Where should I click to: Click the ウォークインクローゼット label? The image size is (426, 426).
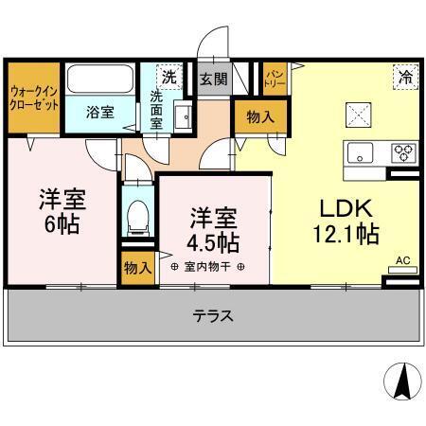pyautogui.click(x=31, y=98)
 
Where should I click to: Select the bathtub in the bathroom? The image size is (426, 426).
pyautogui.click(x=100, y=79)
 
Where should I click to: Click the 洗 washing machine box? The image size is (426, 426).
pyautogui.click(x=169, y=77)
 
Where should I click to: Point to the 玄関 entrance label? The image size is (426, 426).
pyautogui.click(x=212, y=79)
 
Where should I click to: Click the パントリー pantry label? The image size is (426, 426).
pyautogui.click(x=274, y=75)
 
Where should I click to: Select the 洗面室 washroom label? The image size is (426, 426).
pyautogui.click(x=158, y=108)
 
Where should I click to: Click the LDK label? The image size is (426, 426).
pyautogui.click(x=346, y=207)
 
